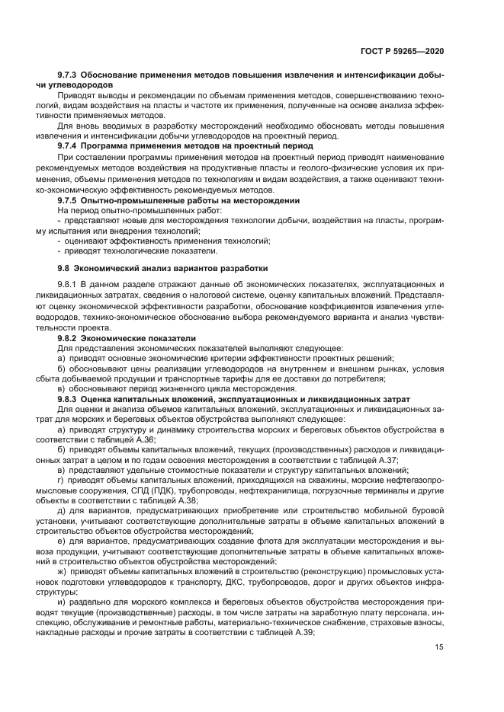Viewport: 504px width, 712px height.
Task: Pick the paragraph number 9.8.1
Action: (69, 284)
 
